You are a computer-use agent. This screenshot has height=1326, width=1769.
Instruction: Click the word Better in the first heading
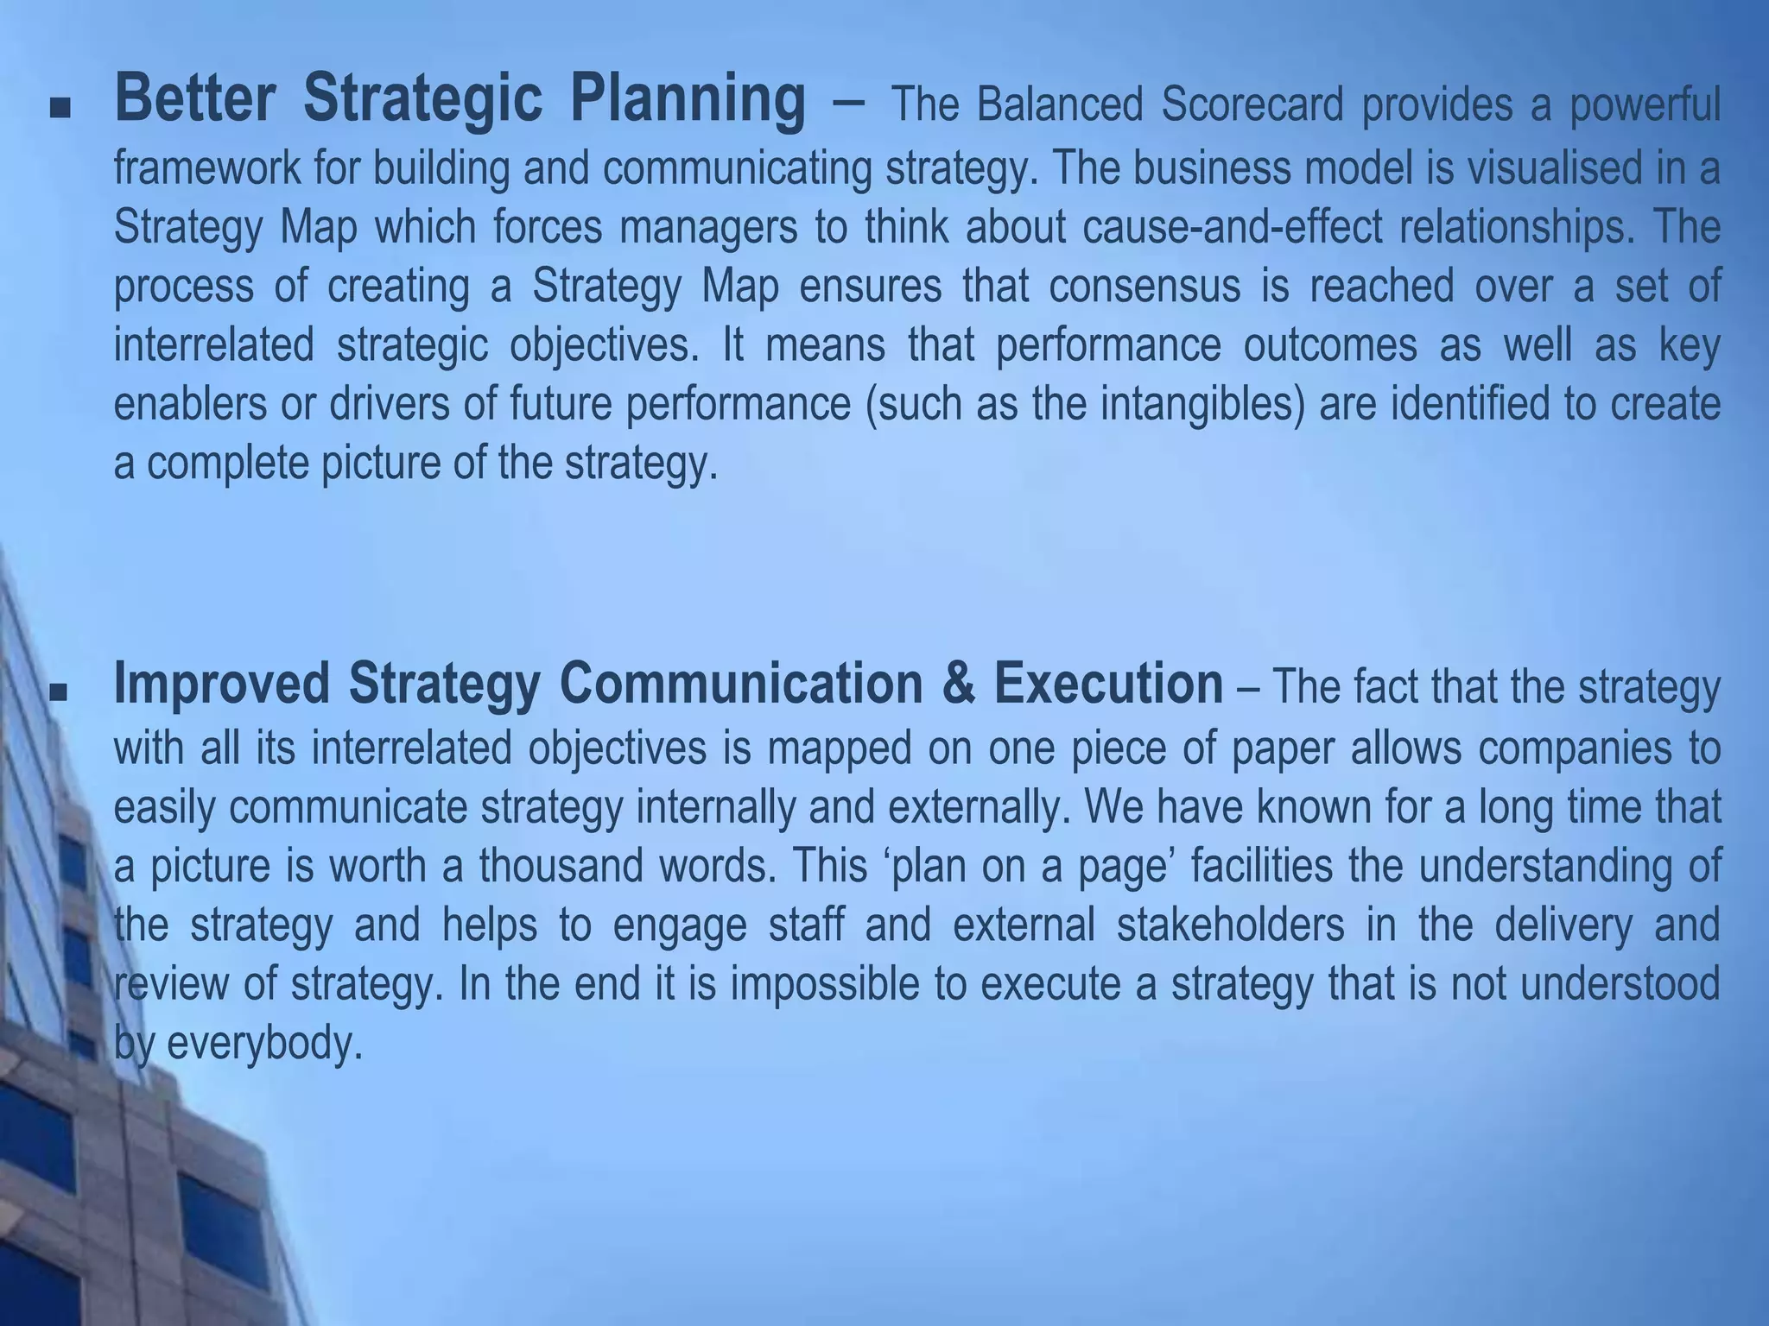point(194,100)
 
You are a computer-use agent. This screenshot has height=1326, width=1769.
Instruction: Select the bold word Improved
point(221,684)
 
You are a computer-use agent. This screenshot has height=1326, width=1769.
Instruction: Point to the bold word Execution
point(1108,684)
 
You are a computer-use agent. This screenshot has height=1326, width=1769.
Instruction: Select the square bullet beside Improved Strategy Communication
point(60,691)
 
